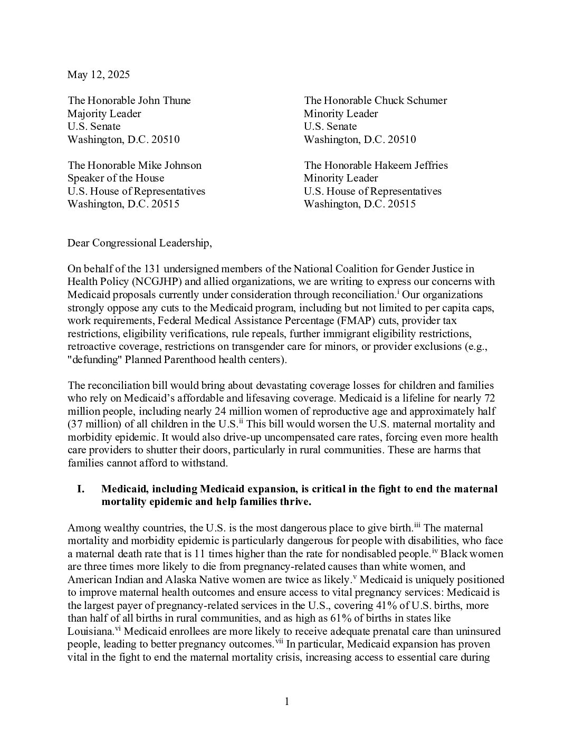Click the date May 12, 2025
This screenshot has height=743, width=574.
tap(98, 74)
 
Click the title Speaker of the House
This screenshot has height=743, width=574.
tap(116, 178)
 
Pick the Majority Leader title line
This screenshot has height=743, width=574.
tap(104, 113)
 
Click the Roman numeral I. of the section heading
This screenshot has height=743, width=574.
tap(81, 489)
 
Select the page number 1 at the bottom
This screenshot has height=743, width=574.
tap(287, 701)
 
